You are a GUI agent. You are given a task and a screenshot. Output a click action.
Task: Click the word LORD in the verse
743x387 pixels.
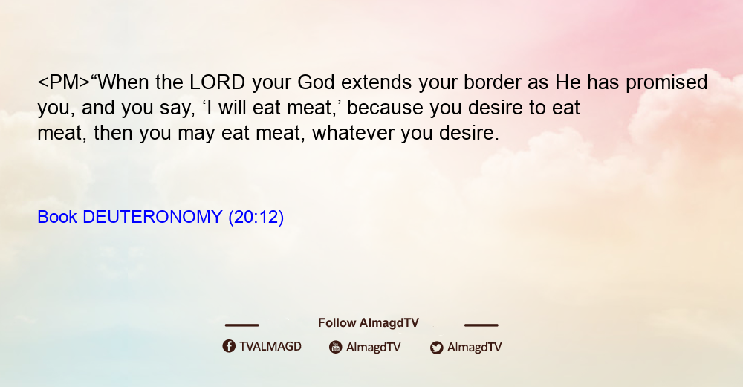[217, 82]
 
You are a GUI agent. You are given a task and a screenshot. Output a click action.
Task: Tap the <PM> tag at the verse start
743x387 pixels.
[63, 82]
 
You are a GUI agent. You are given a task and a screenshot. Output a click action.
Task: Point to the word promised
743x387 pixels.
[666, 83]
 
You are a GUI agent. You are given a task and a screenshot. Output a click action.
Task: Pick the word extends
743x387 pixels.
[376, 82]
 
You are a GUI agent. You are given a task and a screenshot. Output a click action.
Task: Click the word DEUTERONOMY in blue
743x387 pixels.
[152, 217]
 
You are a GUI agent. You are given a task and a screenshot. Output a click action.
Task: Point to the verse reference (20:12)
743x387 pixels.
[256, 218]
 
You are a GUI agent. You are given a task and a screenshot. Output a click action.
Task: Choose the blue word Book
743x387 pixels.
[57, 217]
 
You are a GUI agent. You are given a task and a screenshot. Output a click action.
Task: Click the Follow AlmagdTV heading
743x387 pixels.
[369, 323]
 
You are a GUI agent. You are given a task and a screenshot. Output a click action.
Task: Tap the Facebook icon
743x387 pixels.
[229, 346]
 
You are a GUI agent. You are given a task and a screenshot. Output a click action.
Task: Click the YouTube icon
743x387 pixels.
[336, 347]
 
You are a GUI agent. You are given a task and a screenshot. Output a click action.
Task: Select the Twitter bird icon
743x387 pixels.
[436, 348]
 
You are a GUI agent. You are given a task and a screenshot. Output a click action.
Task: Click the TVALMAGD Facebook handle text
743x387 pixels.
[270, 347]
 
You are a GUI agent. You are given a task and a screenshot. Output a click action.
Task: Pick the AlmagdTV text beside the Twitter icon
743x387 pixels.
[474, 347]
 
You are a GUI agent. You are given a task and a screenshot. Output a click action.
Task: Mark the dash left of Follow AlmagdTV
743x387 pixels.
[241, 325]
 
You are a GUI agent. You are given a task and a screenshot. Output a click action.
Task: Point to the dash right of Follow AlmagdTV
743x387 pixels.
[481, 325]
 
